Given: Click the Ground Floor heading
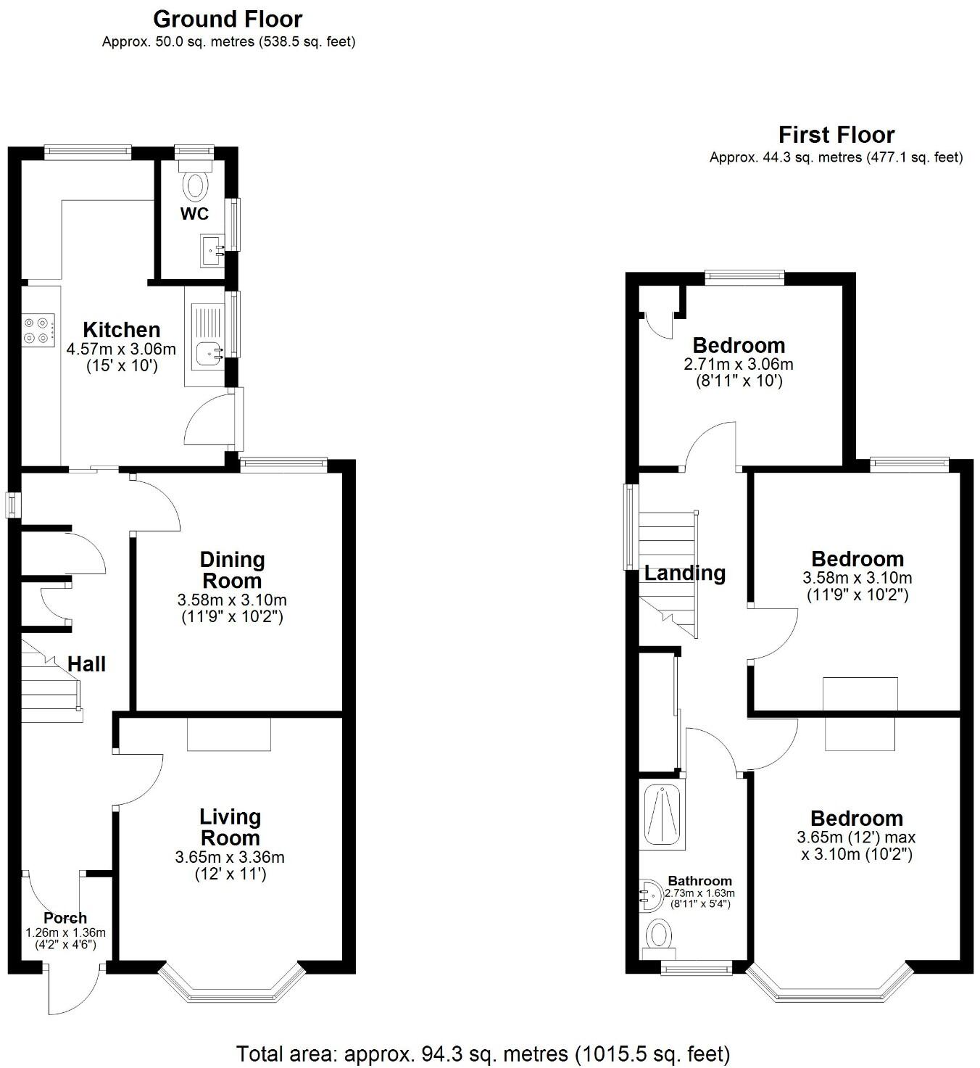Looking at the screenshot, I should pyautogui.click(x=228, y=19).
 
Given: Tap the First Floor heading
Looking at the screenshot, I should pyautogui.click(x=836, y=135).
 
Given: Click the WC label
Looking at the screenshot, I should pyautogui.click(x=194, y=214).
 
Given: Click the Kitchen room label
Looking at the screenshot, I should pyautogui.click(x=121, y=330).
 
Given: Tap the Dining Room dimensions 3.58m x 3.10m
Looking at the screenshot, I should pyautogui.click(x=232, y=600).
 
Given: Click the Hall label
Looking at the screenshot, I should pyautogui.click(x=87, y=664).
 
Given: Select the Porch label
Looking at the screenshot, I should pyautogui.click(x=65, y=918).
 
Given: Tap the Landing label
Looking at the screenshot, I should pyautogui.click(x=685, y=574).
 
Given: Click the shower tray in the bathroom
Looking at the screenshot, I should pyautogui.click(x=661, y=814).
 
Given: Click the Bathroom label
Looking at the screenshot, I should pyautogui.click(x=699, y=881).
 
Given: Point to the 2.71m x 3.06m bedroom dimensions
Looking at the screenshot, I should pyautogui.click(x=738, y=364).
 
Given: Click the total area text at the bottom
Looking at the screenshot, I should pyautogui.click(x=483, y=1053).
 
